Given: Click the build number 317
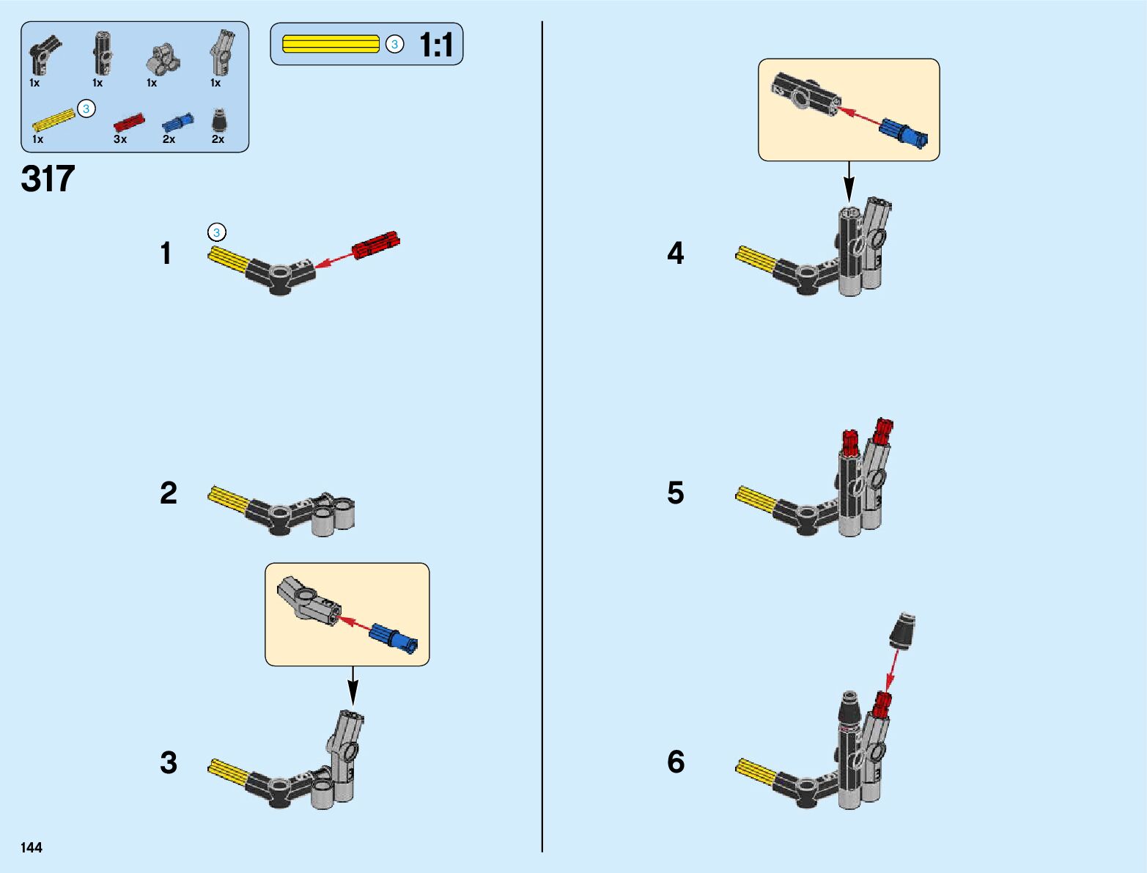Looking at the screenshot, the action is pyautogui.click(x=48, y=179).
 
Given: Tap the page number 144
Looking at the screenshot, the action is pyautogui.click(x=32, y=847).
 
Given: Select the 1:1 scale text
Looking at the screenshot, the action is pyautogui.click(x=436, y=45).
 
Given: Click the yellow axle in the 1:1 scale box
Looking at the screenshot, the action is pyautogui.click(x=331, y=44).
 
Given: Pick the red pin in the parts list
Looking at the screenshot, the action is pyautogui.click(x=129, y=122).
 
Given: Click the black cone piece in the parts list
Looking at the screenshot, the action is pyautogui.click(x=218, y=120).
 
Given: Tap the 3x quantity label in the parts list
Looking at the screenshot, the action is pyautogui.click(x=120, y=139).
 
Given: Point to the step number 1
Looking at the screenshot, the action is pyautogui.click(x=166, y=254).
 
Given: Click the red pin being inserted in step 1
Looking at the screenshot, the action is pyautogui.click(x=375, y=245).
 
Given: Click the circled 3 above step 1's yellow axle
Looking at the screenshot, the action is pyautogui.click(x=216, y=232).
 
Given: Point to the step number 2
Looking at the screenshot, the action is pyautogui.click(x=169, y=493).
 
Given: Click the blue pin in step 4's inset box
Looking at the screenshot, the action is pyautogui.click(x=904, y=132).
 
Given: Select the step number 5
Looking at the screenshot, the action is pyautogui.click(x=675, y=493).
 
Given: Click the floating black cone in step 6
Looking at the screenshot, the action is pyautogui.click(x=902, y=631).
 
